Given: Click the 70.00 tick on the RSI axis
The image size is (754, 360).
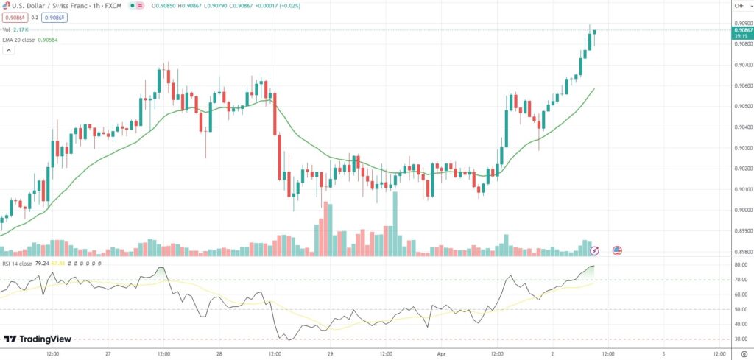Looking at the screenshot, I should [740, 280].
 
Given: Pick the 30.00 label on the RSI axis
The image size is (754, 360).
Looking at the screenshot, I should [740, 339].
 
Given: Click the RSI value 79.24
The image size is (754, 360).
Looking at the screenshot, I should [41, 263].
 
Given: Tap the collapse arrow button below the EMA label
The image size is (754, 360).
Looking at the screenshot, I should [8, 51].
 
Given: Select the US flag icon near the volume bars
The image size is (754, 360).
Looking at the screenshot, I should [617, 250].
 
